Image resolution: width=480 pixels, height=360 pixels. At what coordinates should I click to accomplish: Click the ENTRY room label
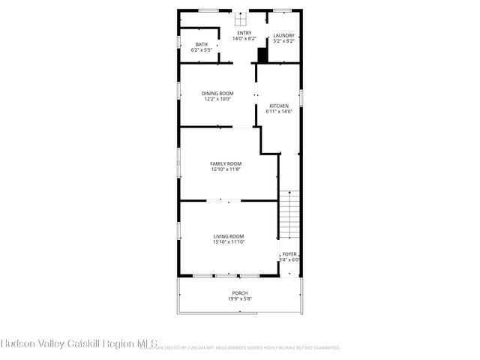point(244,33)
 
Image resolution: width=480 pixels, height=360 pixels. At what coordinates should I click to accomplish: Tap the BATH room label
point(202,44)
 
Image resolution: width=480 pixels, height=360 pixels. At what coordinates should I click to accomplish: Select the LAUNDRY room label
point(283,35)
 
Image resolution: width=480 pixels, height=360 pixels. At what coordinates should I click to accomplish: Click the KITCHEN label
point(279,106)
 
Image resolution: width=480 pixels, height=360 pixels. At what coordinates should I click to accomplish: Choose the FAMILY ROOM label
point(225,163)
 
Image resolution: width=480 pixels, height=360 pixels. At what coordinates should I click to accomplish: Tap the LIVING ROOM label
point(229,236)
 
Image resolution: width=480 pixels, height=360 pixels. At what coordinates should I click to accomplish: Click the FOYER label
point(289,254)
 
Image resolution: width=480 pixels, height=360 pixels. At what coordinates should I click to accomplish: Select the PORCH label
point(239,293)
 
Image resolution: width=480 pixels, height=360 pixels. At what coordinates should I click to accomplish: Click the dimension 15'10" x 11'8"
point(225,169)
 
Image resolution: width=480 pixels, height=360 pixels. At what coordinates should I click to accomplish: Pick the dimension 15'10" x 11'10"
point(229,242)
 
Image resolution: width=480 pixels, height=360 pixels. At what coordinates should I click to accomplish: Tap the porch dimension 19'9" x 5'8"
point(239,298)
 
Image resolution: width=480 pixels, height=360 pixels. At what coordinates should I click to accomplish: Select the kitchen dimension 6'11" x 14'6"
point(279,112)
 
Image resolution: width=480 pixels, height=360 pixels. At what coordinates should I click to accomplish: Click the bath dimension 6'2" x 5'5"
point(202,49)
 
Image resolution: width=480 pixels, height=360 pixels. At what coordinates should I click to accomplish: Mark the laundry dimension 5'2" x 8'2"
point(283,40)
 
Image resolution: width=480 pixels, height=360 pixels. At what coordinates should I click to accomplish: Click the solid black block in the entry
point(262,55)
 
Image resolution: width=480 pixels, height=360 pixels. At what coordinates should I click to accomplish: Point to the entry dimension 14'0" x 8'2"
point(244,38)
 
